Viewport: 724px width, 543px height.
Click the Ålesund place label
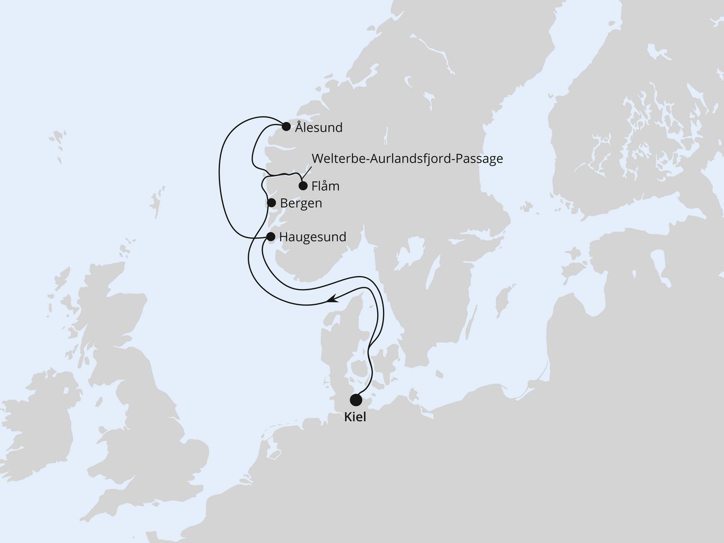(x=318, y=128)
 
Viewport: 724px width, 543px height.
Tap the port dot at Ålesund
(x=286, y=126)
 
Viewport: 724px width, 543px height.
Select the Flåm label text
(x=325, y=186)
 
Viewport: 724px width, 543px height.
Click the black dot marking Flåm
(x=303, y=186)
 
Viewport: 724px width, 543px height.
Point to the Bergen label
(x=301, y=204)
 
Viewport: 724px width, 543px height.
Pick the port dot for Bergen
(x=271, y=202)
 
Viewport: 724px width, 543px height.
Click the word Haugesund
(x=313, y=237)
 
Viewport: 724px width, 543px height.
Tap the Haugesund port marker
(x=270, y=236)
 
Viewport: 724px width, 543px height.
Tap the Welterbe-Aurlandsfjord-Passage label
(x=406, y=159)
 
